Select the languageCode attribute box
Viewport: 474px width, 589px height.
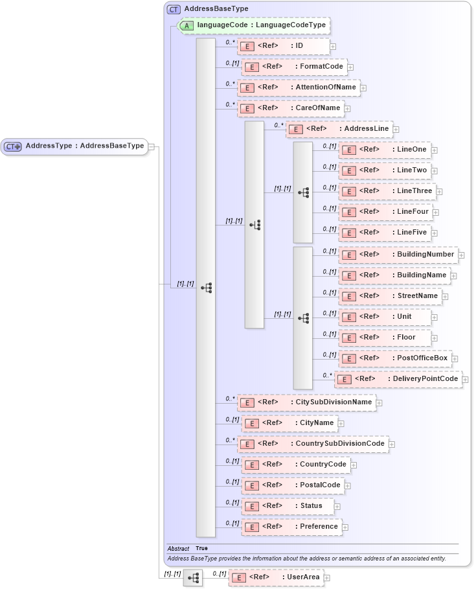tap(254, 25)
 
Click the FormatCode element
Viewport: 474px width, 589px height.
tap(294, 67)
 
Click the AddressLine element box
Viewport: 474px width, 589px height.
tap(339, 129)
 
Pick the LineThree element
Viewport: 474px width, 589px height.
tap(387, 191)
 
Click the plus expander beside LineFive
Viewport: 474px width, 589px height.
tap(435, 233)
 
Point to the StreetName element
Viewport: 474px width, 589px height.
tap(390, 296)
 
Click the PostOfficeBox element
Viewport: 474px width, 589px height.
tap(394, 358)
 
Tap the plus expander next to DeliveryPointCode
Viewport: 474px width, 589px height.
tap(466, 379)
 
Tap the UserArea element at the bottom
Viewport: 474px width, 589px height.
tap(276, 577)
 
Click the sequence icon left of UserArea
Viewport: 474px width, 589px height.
tap(193, 577)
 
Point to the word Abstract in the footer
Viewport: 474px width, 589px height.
tap(178, 548)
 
